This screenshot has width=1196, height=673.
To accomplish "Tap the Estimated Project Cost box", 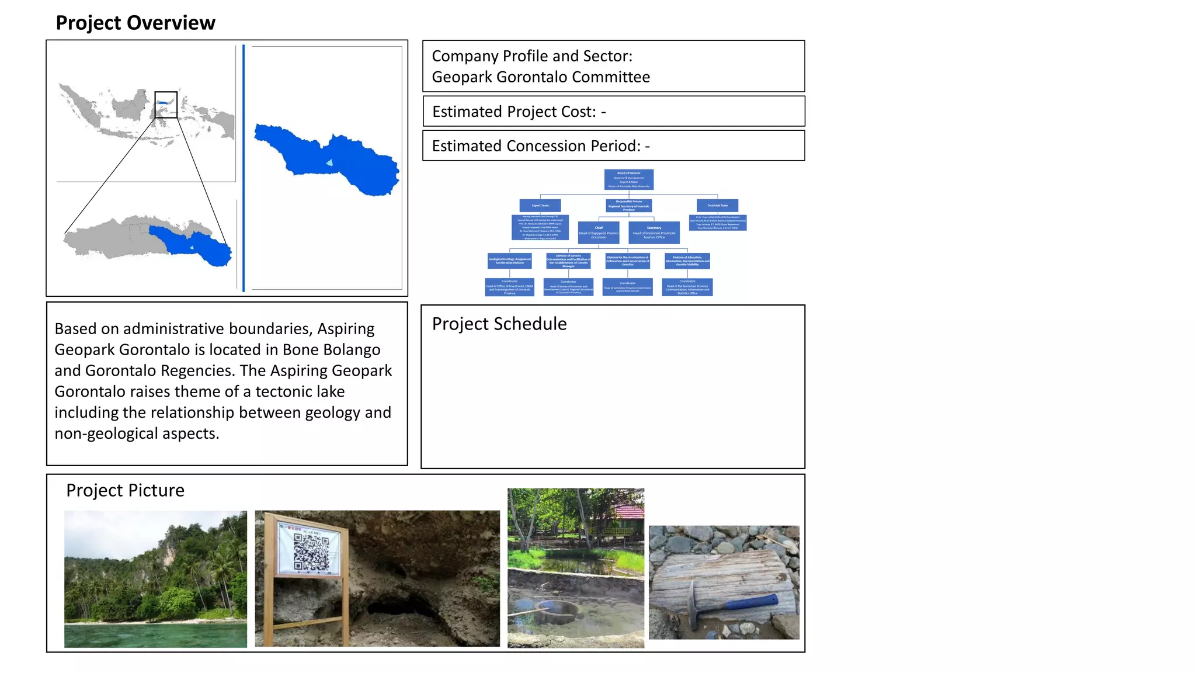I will (x=613, y=112).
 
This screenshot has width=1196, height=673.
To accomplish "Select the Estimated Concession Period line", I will (x=541, y=146).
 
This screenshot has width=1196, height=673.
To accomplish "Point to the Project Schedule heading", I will (x=499, y=324).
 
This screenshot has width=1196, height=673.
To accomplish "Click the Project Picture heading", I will (x=125, y=490).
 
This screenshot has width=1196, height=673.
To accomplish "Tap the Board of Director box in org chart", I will (x=628, y=179).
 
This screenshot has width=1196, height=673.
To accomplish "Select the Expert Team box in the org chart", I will (x=540, y=206).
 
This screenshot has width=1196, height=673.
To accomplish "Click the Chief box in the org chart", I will (x=599, y=232).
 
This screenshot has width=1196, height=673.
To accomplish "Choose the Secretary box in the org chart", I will (x=654, y=232).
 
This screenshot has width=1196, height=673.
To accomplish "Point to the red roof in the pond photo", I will (x=631, y=512).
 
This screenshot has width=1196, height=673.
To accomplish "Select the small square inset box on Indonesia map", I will (x=166, y=105).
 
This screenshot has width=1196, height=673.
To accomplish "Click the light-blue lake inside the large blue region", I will (x=330, y=163).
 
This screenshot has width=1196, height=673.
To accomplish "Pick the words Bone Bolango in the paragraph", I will (x=331, y=349).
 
